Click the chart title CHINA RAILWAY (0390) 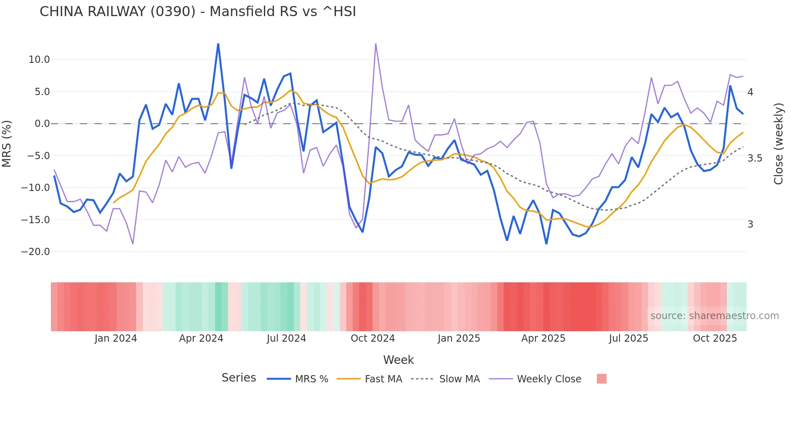click(x=198, y=12)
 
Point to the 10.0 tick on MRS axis click(x=39, y=60)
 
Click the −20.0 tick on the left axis click(x=36, y=252)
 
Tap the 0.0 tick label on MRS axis click(x=42, y=124)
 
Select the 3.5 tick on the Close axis click(x=755, y=158)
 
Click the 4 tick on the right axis click(x=750, y=92)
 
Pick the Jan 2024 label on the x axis click(x=116, y=338)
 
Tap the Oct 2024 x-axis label click(x=372, y=338)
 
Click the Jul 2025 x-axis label click(x=628, y=338)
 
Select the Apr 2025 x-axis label click(x=543, y=338)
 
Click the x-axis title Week click(x=398, y=360)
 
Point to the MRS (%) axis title click(x=7, y=144)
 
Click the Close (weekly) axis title click(x=778, y=144)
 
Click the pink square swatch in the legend click(x=601, y=379)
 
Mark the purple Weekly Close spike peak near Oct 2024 click(x=376, y=44)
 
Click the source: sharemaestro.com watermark click(x=714, y=316)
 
